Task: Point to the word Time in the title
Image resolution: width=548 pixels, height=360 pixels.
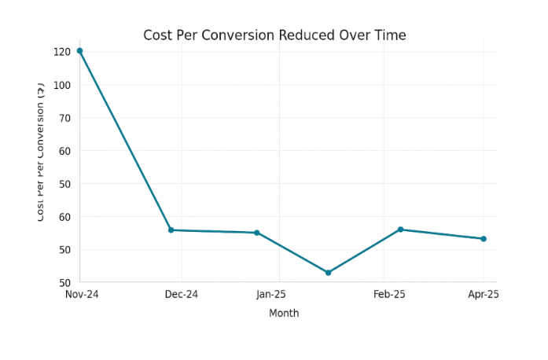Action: tap(391, 35)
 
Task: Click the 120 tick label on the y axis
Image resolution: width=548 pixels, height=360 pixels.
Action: tap(62, 52)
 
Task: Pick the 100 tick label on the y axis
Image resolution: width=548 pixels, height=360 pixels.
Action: tap(62, 85)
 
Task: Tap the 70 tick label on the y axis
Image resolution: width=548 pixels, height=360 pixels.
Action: tap(64, 118)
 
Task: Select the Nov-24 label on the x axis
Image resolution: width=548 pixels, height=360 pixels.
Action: tap(81, 294)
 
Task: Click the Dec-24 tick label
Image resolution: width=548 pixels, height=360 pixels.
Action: tap(182, 294)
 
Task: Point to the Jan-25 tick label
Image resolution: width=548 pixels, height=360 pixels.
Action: tap(271, 294)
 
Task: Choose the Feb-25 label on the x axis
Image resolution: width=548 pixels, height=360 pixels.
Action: tap(389, 294)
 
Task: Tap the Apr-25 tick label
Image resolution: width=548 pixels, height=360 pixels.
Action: tap(484, 294)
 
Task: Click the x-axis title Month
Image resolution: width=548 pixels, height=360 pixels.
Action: tap(284, 313)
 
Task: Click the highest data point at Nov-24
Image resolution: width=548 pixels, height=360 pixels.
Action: tap(79, 51)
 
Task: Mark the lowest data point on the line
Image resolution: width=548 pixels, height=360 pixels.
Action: tap(328, 273)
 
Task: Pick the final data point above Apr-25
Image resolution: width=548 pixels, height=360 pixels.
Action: tap(484, 239)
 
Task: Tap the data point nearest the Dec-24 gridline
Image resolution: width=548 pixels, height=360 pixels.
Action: tap(171, 230)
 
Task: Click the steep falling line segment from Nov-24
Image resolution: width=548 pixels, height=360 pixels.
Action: tap(125, 141)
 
